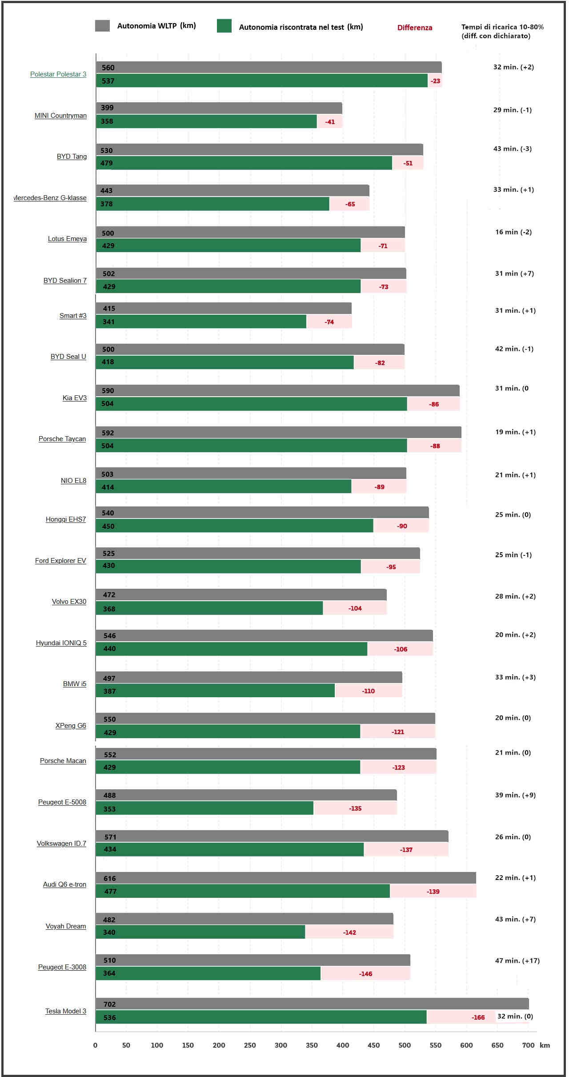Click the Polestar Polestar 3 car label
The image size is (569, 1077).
58,74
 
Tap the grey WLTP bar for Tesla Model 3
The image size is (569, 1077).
311,1004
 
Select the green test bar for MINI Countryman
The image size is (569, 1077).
206,121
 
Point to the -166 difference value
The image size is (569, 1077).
478,1017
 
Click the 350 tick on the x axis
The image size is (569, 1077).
312,1045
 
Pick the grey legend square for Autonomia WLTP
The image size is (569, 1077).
102,26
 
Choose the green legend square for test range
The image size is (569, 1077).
224,26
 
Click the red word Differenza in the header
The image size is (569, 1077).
414,28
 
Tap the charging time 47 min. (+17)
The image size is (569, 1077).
517,960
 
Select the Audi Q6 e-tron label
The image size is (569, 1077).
64,884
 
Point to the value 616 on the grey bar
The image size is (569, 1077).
109,878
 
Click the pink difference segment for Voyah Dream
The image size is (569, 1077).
349,932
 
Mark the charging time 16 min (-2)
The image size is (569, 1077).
513,232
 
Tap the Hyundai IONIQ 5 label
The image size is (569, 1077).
61,643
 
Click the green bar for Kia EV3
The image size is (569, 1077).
251,404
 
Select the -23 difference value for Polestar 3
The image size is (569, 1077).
435,81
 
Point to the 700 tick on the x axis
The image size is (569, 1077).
528,1045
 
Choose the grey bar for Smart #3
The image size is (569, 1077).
224,308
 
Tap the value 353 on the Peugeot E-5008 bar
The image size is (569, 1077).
109,809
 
